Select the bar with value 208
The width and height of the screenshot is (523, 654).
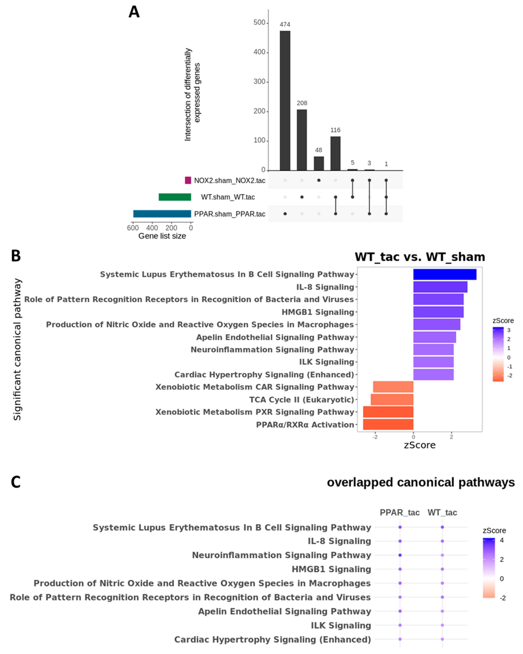[x=302, y=140]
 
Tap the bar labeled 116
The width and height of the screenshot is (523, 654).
[x=335, y=153]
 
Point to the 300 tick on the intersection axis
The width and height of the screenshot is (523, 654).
[x=259, y=82]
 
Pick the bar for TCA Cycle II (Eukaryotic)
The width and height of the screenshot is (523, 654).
[x=392, y=399]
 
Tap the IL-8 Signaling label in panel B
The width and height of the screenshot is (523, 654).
[x=325, y=287]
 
